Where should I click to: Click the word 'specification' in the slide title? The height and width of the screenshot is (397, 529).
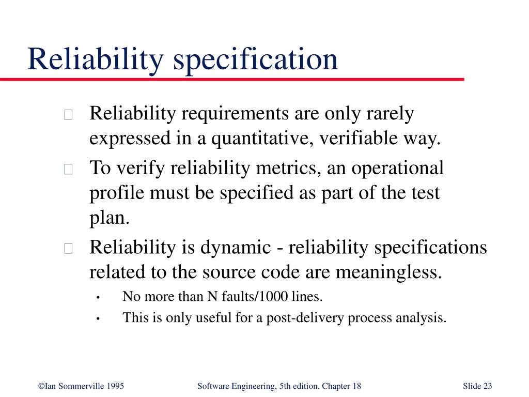coord(255,59)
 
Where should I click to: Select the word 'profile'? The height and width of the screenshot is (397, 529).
coord(117,193)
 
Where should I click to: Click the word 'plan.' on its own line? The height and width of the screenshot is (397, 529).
coord(109,218)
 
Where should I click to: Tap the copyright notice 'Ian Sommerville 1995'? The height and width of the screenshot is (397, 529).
coord(81,386)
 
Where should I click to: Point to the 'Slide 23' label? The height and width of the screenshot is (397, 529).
coord(477,386)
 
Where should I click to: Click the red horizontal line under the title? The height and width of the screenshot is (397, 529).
coord(232,80)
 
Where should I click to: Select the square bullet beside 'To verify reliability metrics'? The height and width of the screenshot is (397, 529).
coord(69,169)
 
